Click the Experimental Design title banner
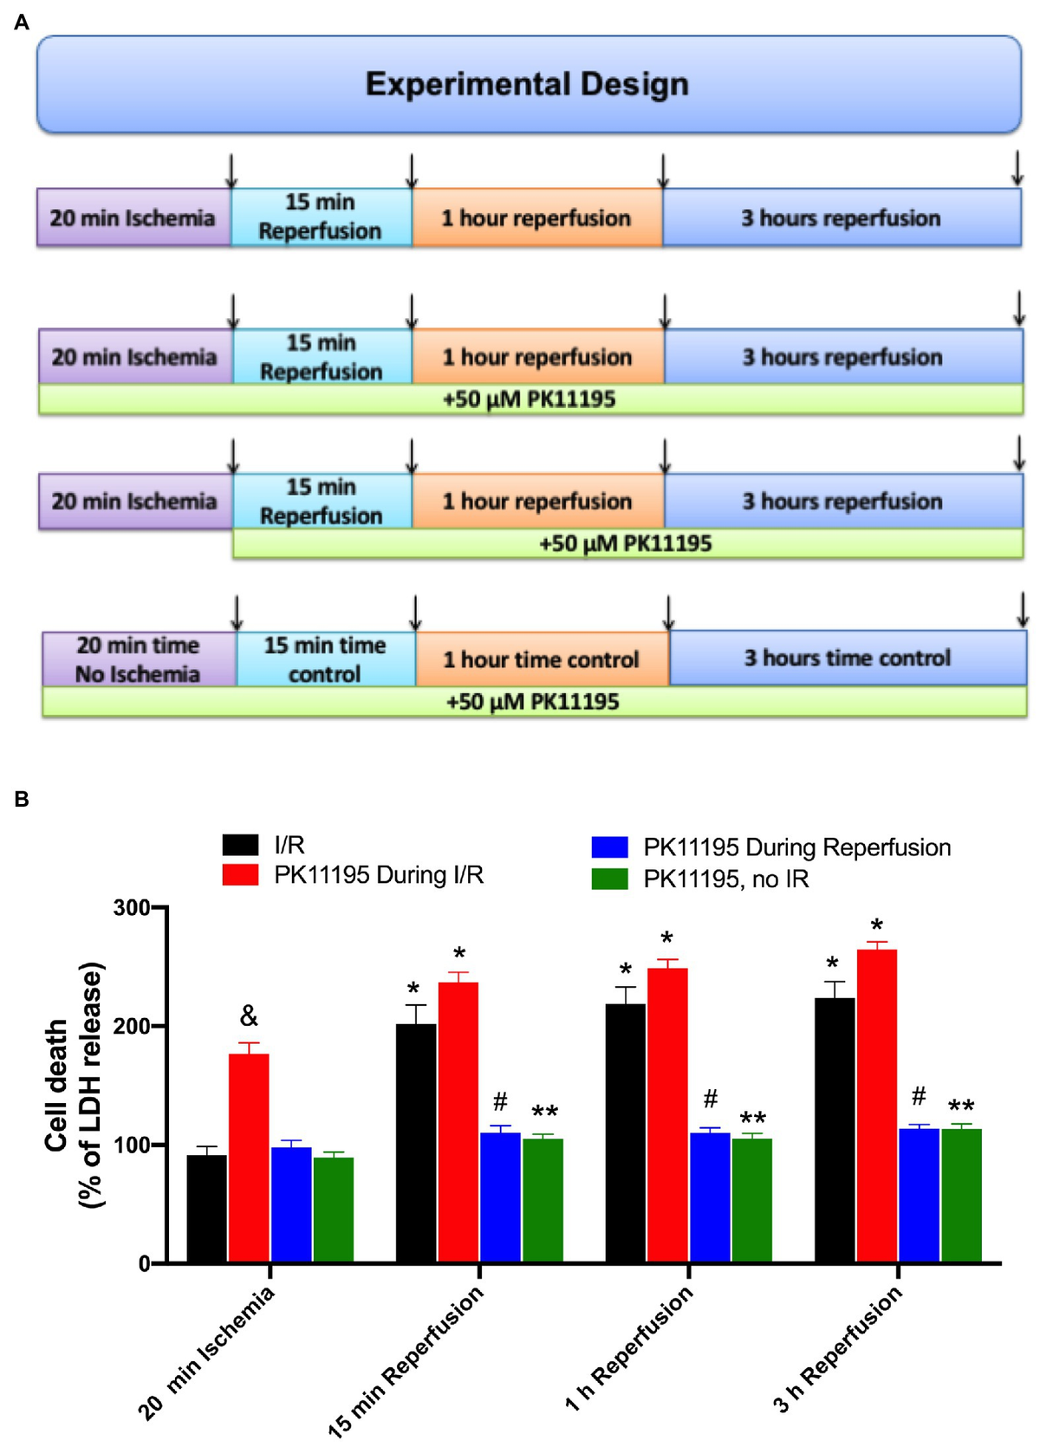pyautogui.click(x=528, y=84)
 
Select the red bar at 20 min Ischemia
pyautogui.click(x=249, y=1157)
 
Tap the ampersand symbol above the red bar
pyautogui.click(x=249, y=1015)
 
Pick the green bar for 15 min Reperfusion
pyautogui.click(x=543, y=1199)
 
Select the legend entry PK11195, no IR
pyautogui.click(x=725, y=879)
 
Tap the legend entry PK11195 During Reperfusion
pyautogui.click(x=796, y=847)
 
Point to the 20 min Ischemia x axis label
pyautogui.click(x=207, y=1352)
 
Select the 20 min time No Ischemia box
pyautogui.click(x=139, y=659)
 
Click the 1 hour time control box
pyautogui.click(x=542, y=659)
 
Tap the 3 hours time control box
pyautogui.click(x=848, y=658)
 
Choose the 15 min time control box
pyautogui.click(x=325, y=659)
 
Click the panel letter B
pyautogui.click(x=22, y=799)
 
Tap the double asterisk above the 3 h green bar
pyautogui.click(x=961, y=1106)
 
